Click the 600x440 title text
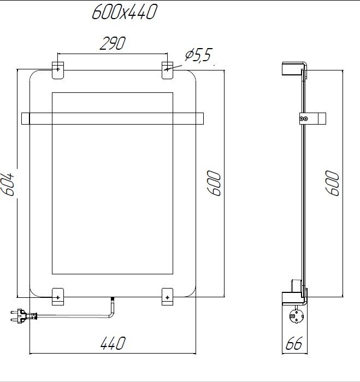pos(124,12)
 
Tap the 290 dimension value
pos(112,43)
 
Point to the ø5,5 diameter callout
pos(198,55)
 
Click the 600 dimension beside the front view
pos(214,184)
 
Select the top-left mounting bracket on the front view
pos(58,69)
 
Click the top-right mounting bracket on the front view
pos(167,69)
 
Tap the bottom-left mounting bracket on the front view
pos(58,296)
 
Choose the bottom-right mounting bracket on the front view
pos(167,296)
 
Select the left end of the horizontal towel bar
pos(25,117)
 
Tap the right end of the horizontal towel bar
pos(199,117)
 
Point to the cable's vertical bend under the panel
pos(111,308)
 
